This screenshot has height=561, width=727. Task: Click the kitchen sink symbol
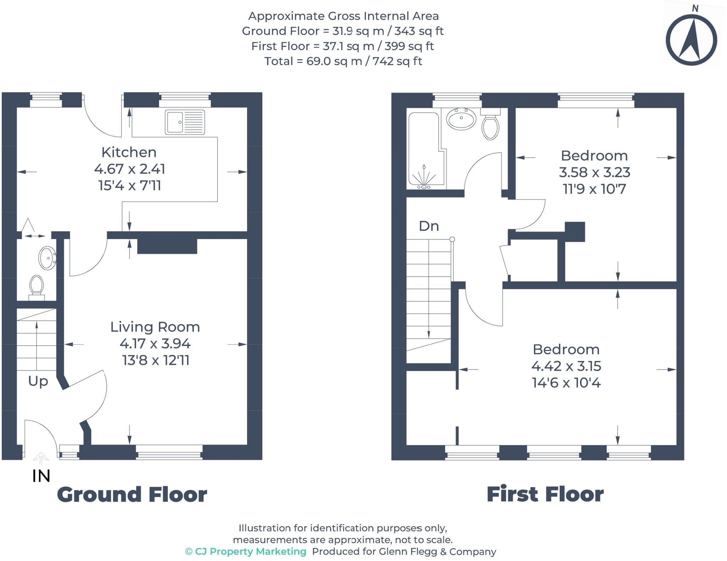pos(185,122)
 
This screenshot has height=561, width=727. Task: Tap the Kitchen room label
pos(129,152)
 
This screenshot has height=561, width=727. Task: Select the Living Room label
pos(155,327)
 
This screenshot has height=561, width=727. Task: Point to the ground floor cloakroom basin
pos(47,258)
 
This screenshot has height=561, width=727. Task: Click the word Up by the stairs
pos(38,381)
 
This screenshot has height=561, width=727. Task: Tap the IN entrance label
pos(41,476)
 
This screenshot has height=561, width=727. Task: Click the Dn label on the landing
pos(429,226)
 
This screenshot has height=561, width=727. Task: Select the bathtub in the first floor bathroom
pos(424,149)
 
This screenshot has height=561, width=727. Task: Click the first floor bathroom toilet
pos(490,126)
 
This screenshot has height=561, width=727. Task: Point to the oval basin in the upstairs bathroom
pos(461,119)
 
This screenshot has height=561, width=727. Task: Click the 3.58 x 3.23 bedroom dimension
pos(594,172)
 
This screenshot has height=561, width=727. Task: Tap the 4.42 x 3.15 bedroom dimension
pos(566,366)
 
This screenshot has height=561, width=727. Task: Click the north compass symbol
pos(691,39)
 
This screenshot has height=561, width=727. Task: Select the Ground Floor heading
pos(132,494)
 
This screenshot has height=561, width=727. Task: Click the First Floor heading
pos(545,494)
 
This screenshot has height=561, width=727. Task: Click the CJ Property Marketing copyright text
pos(246,551)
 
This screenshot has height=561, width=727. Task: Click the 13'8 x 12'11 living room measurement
pos(155,360)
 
